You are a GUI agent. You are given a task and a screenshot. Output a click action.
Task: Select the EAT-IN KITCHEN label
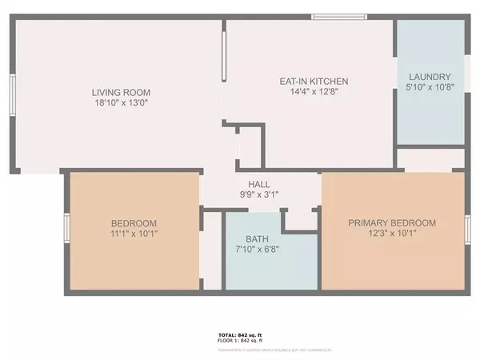tap(313, 81)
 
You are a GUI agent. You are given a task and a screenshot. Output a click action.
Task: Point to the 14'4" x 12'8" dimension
tap(313, 92)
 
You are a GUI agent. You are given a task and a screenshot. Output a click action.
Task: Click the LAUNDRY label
tap(430, 76)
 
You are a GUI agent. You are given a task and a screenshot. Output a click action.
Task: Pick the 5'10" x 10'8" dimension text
tap(430, 87)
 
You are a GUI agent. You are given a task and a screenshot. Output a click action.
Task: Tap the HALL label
tap(258, 183)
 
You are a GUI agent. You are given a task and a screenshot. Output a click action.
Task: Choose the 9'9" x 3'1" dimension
tap(258, 194)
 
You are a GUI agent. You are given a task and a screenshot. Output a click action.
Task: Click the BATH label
tap(257, 238)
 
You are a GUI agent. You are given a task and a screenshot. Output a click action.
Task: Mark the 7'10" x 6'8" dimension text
tap(257, 250)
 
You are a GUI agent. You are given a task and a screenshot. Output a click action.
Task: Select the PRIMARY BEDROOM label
tap(392, 223)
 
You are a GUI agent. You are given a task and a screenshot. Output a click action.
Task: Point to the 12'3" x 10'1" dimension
tap(392, 234)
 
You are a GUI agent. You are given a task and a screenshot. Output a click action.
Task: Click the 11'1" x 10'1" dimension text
tap(134, 234)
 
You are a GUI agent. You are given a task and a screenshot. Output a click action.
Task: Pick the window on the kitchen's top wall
tap(338, 17)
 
